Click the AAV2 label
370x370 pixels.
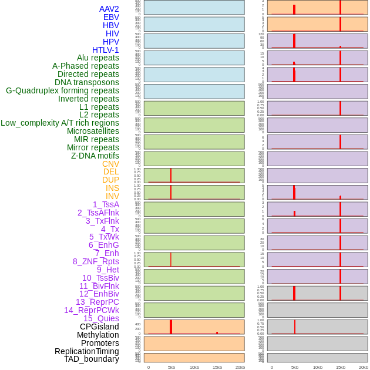pos(109,9)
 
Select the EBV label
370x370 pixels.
pos(111,17)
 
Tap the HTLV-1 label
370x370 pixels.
pos(106,50)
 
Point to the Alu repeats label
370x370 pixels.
pos(98,58)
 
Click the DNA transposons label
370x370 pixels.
pos(87,82)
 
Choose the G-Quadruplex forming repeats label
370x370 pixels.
pos(62,90)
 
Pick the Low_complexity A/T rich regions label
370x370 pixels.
pos(60,123)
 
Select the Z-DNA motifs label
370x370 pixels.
pos(95,156)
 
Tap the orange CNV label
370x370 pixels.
pos(110,164)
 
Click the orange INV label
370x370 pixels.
pos(112,196)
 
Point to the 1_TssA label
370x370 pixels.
pos(106,204)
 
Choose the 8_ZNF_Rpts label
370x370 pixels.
pos(96,261)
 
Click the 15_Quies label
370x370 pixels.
pos(101,318)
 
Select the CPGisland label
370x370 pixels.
pos(99,327)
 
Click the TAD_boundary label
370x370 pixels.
pos(92,359)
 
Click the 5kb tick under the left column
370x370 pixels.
pos(171,367)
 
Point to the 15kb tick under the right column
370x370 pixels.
pos(341,367)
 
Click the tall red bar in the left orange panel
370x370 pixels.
pos(171,327)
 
